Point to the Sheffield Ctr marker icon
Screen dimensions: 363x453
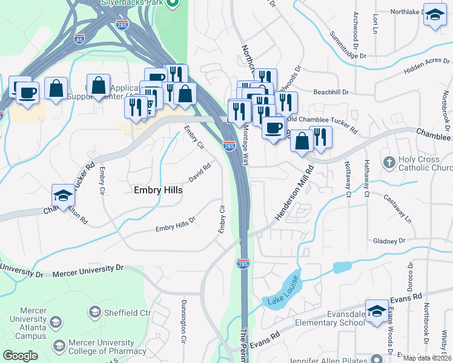[x=94, y=312]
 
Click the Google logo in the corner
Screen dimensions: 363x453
[x=21, y=355]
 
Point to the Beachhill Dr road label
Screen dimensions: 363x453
[x=331, y=92]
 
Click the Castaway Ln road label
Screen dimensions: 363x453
[x=397, y=209]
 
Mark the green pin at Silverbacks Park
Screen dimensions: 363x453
[x=172, y=4]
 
